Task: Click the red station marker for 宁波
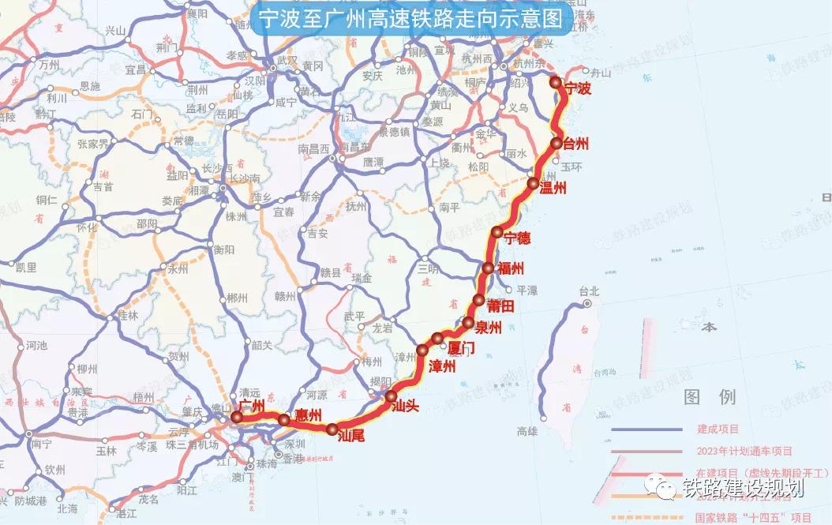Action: pos(556,82)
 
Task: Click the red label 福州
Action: pos(511,268)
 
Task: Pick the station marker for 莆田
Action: pos(479,300)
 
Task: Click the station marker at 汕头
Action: pos(390,396)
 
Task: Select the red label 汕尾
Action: pos(350,434)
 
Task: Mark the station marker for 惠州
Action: pos(284,419)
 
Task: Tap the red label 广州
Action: pos(251,406)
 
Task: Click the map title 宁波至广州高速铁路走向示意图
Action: pos(410,19)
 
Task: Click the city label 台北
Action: pos(589,291)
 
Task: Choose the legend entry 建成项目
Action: pos(718,429)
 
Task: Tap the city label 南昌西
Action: pos(313,149)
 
